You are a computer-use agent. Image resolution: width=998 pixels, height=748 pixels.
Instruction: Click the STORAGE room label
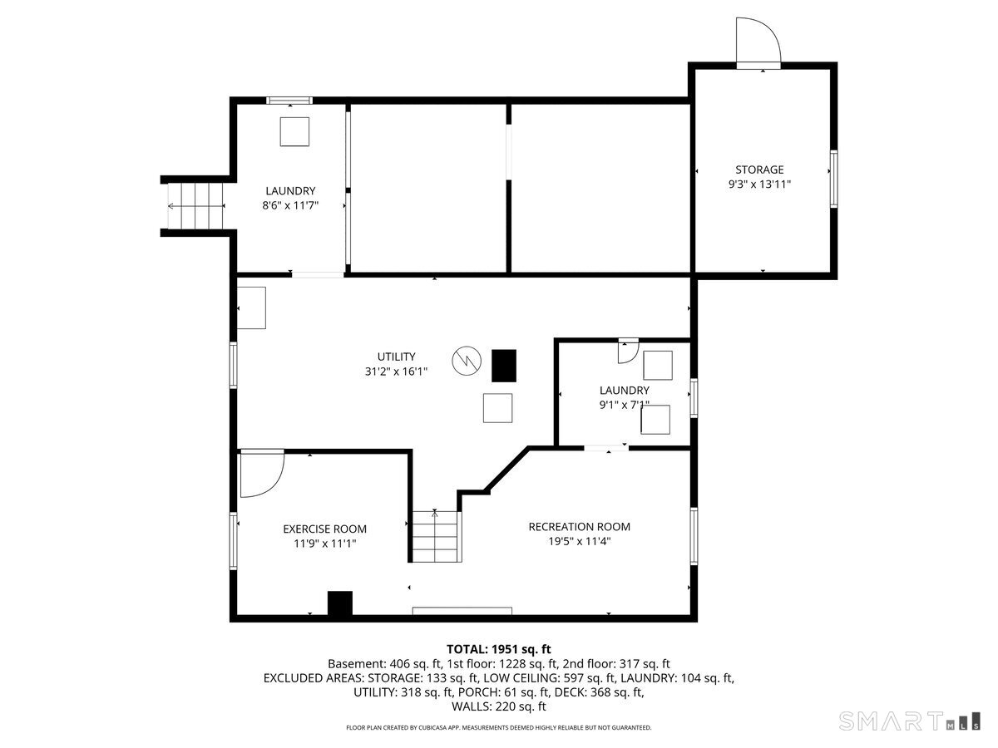pos(758,170)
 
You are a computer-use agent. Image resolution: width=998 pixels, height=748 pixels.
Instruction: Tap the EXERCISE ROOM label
pos(324,529)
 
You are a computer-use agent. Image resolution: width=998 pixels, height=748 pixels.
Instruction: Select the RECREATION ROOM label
pos(579,526)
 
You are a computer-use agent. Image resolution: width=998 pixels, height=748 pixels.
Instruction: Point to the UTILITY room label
pos(396,357)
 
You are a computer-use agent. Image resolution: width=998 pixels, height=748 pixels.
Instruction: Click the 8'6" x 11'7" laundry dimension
pos(290,205)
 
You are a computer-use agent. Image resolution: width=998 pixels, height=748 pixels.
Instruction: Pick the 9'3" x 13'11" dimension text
pos(758,185)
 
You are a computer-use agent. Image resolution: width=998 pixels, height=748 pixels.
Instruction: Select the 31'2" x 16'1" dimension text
pos(396,372)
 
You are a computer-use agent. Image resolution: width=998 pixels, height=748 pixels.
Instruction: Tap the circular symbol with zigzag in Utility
pos(466,361)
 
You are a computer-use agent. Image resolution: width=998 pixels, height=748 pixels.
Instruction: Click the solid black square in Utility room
pos(503,365)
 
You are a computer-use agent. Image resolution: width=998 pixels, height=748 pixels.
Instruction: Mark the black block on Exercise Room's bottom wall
pos(339,603)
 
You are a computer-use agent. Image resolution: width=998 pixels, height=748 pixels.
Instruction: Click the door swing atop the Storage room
pos(758,42)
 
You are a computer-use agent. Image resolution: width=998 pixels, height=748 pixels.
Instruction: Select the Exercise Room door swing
pos(261,474)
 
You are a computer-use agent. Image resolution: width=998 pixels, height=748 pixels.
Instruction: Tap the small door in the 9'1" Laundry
pos(628,351)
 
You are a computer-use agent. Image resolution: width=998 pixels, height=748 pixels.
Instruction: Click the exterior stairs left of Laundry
pos(196,206)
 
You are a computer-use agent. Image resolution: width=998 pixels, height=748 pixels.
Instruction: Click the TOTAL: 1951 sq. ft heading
pos(498,648)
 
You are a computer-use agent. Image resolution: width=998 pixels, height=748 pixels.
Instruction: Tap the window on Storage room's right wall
pos(833,178)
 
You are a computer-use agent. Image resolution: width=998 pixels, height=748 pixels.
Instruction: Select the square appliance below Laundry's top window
pos(294,132)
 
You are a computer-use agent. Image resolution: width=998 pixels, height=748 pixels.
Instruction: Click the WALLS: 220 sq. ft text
pos(498,706)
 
